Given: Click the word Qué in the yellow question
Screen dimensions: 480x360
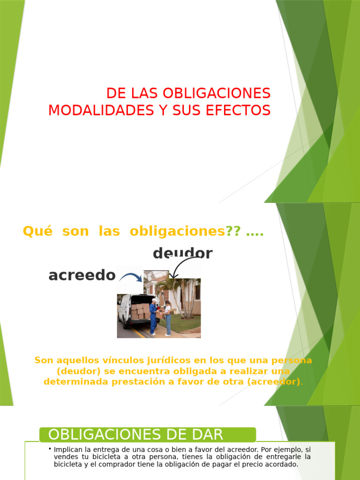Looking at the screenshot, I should click(35, 232).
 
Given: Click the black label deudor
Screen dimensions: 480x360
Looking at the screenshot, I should click(182, 254).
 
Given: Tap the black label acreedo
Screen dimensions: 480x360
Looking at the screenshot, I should click(82, 276).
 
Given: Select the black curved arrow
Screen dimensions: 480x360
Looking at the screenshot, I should click(181, 269).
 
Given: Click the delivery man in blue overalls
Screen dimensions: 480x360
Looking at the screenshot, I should click(153, 316).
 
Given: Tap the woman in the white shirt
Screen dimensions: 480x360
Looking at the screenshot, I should click(168, 318).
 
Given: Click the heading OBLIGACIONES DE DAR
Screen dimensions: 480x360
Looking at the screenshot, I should click(135, 435).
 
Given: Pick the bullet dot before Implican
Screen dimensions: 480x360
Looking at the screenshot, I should click(50, 449).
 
